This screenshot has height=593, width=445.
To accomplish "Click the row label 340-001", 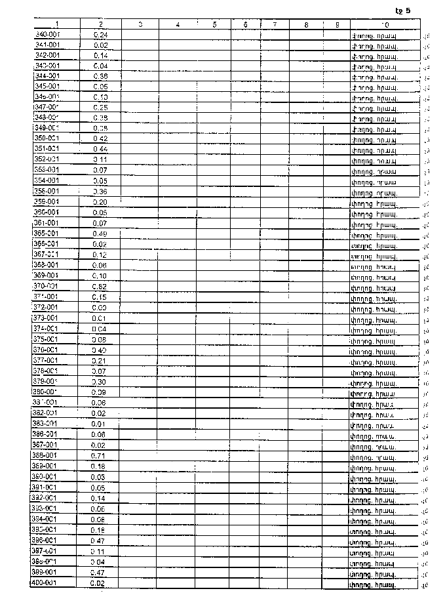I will click(x=47, y=34).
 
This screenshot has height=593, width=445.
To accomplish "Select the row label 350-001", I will click(x=47, y=138).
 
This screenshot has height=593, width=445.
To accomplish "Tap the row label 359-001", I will click(x=47, y=202).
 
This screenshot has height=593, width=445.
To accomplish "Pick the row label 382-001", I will click(x=46, y=413).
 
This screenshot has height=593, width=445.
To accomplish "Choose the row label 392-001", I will click(x=46, y=498).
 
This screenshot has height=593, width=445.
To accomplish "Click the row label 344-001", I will click(x=47, y=76).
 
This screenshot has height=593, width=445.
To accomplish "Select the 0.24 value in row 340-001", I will click(x=101, y=34).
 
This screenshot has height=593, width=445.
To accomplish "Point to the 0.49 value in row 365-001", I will click(x=100, y=234).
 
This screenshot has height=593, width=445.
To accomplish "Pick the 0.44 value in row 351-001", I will click(x=100, y=149).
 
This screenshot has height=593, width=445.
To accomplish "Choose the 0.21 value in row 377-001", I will click(x=100, y=360).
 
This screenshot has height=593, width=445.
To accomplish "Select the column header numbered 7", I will click(x=275, y=24).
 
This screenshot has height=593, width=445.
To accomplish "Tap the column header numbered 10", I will click(x=384, y=24).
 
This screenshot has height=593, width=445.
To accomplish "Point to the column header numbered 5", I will click(x=214, y=24).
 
